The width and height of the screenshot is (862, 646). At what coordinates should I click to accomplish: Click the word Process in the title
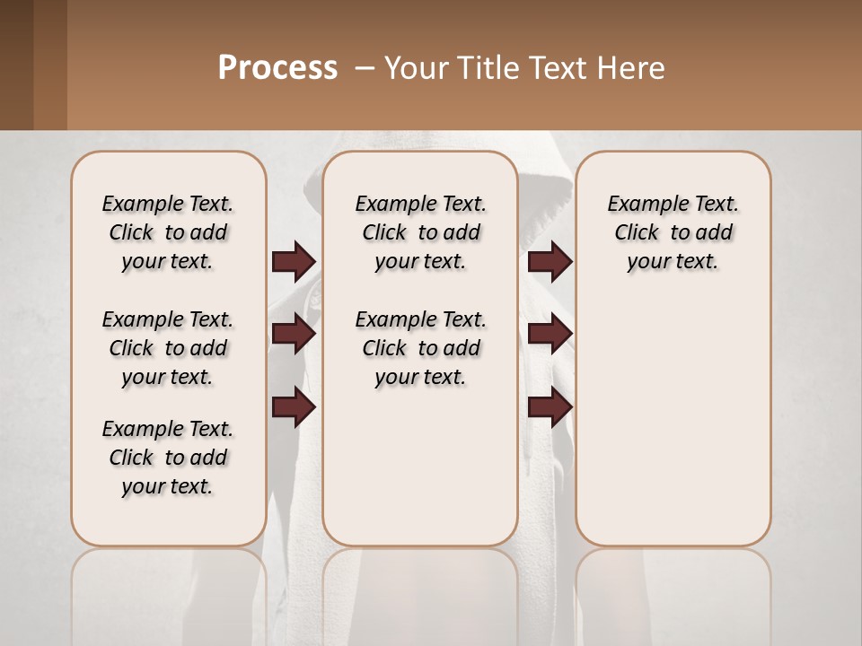point(277,68)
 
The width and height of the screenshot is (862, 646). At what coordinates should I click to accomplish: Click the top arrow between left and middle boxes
point(294,262)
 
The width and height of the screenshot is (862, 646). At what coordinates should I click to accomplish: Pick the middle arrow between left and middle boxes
point(294,334)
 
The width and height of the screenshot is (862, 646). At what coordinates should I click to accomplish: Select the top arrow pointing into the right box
point(550,262)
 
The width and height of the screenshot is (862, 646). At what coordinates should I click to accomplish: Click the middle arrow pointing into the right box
point(550,334)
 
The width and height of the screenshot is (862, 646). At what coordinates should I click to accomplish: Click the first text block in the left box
point(168,232)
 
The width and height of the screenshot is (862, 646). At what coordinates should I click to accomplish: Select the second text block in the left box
point(168,348)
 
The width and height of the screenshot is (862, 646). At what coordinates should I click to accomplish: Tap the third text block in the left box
point(168,458)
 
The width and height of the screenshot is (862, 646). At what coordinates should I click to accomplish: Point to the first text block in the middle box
point(420,232)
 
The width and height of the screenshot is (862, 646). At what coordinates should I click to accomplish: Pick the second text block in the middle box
point(420,348)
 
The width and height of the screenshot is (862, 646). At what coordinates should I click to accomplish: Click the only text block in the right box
point(673,232)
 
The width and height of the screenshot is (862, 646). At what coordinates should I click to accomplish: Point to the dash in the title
point(365,68)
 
